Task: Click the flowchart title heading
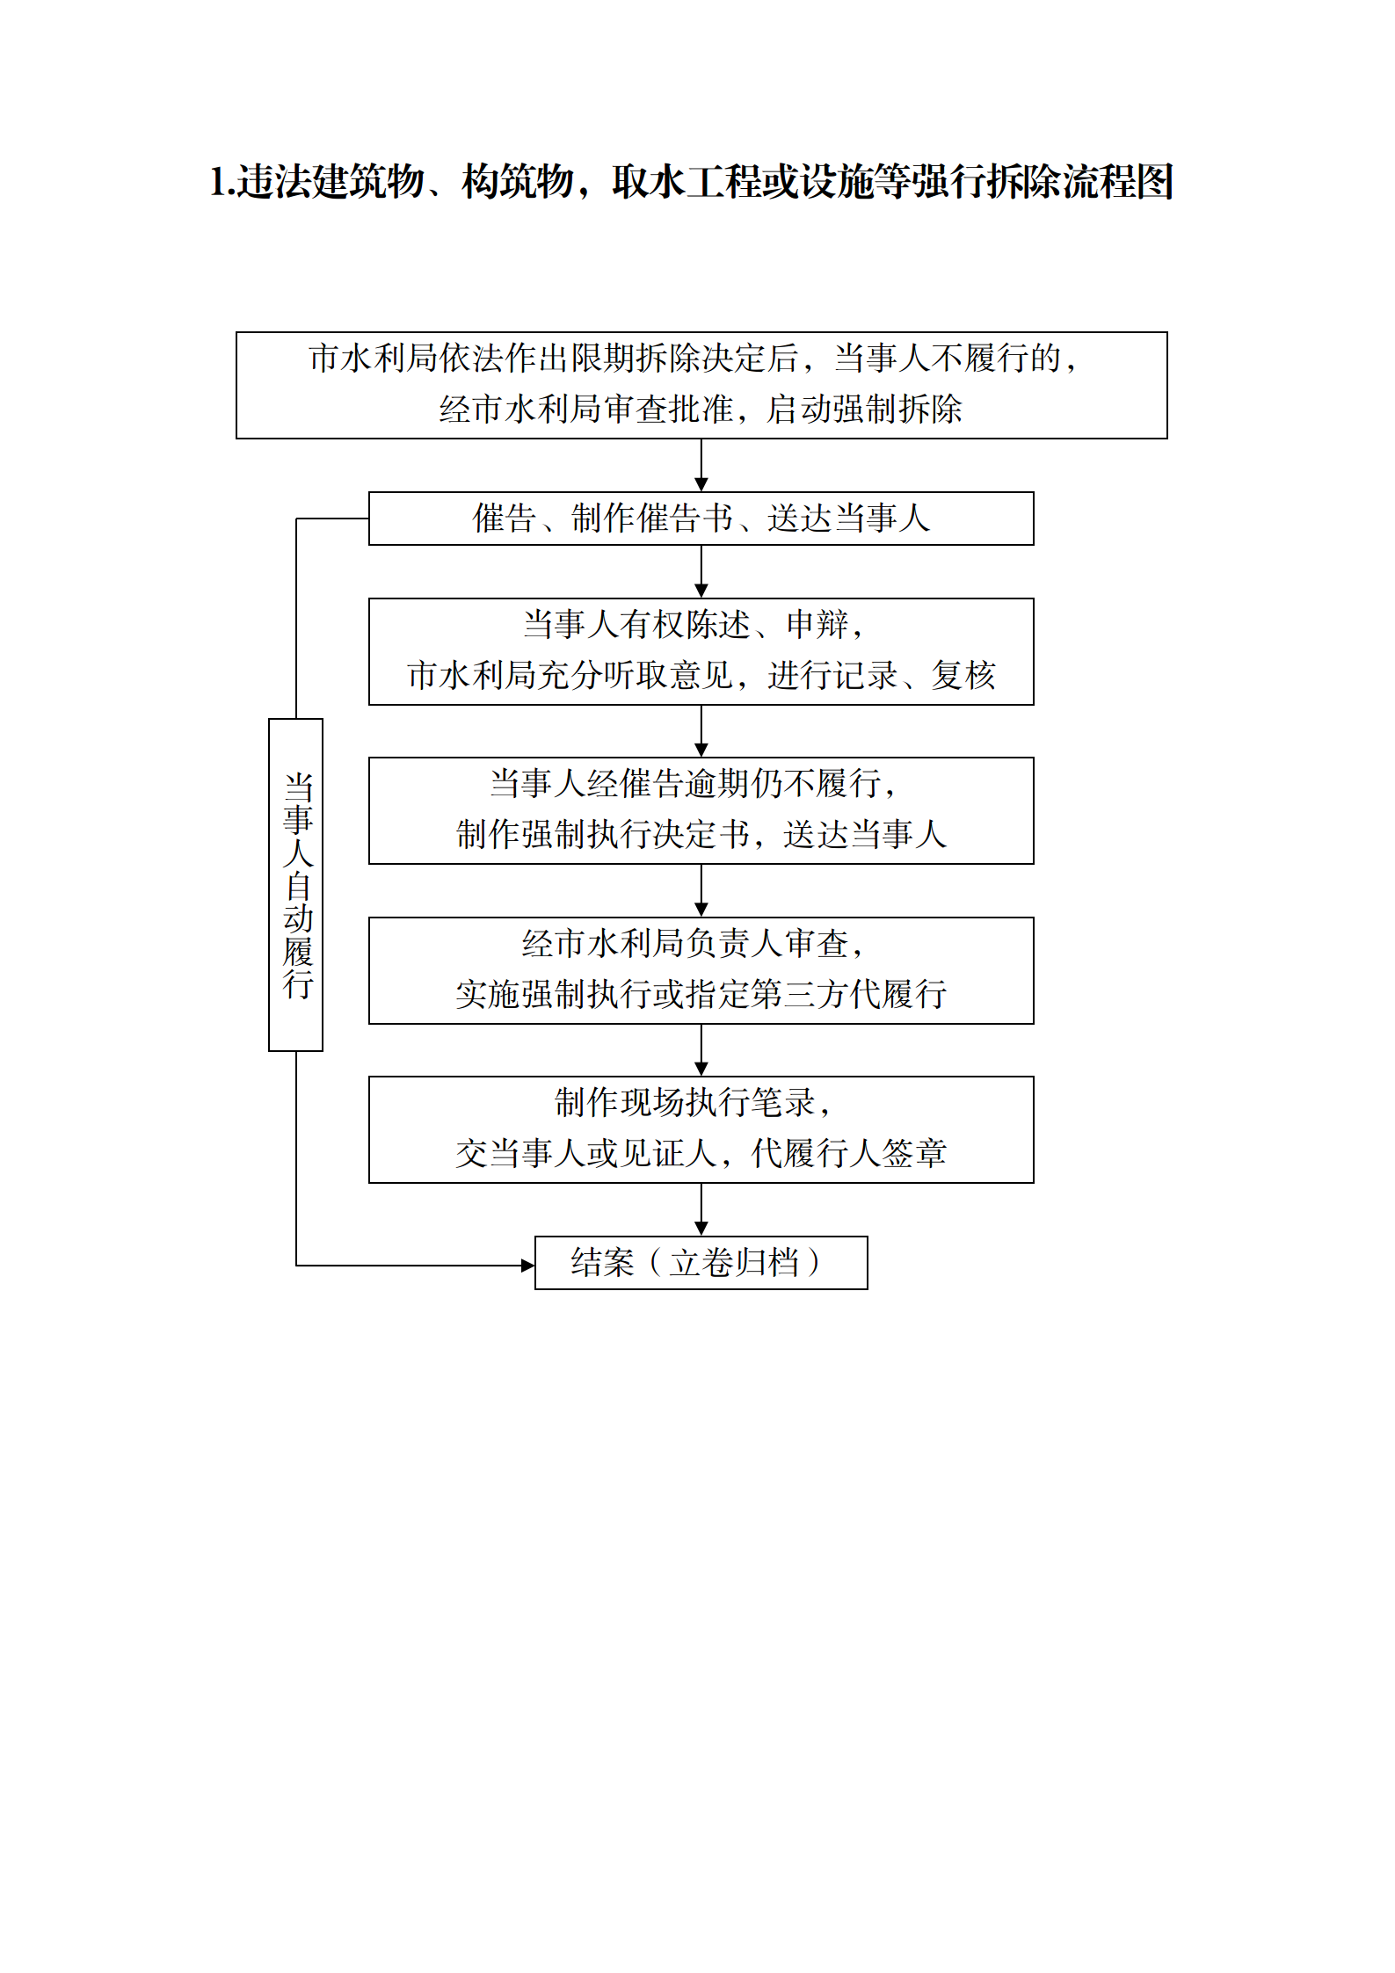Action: click(x=692, y=182)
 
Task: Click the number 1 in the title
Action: click(x=217, y=182)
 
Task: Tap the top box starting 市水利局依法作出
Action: click(x=701, y=385)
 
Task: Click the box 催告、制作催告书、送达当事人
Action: click(x=701, y=519)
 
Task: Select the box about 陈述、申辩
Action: click(x=701, y=651)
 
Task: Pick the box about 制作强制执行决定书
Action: click(x=701, y=810)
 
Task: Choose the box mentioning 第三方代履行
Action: click(x=701, y=970)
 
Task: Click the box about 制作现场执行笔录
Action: click(x=701, y=1129)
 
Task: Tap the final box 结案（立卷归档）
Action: click(x=701, y=1263)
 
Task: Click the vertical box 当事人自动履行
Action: click(x=296, y=885)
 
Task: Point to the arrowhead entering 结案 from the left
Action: click(x=528, y=1266)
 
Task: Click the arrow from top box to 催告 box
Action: click(x=701, y=465)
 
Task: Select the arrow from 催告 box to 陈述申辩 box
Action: click(x=701, y=572)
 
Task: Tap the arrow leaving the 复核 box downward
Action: click(x=701, y=731)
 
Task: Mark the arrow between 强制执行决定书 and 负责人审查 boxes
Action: click(x=701, y=891)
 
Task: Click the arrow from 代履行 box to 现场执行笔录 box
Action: click(x=701, y=1050)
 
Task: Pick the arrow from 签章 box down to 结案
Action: click(x=701, y=1210)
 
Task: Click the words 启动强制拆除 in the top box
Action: click(x=865, y=410)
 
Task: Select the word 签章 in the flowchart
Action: click(x=914, y=1153)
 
